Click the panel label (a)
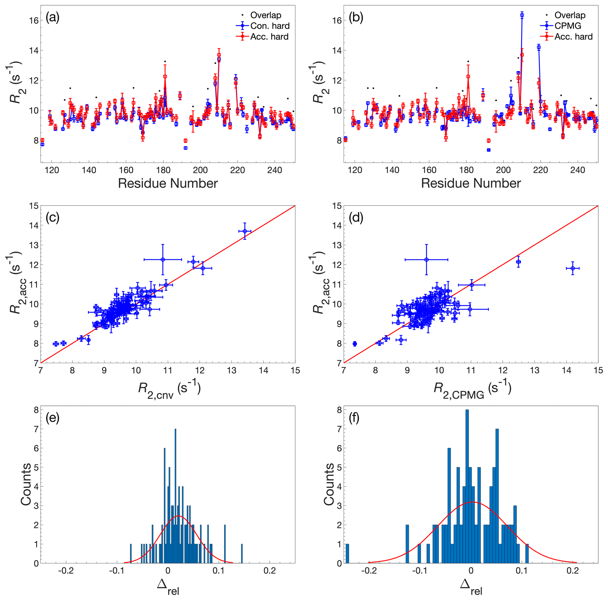(x=52, y=18)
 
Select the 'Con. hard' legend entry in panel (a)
(x=270, y=26)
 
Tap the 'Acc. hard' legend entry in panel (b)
(x=573, y=36)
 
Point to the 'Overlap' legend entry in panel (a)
(x=265, y=15)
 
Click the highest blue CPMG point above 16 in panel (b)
(x=522, y=15)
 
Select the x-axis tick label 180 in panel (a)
(x=163, y=170)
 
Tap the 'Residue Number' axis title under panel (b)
(x=471, y=183)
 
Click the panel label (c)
(x=52, y=217)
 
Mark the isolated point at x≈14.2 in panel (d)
(x=573, y=268)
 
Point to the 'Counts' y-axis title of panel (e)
(x=26, y=484)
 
